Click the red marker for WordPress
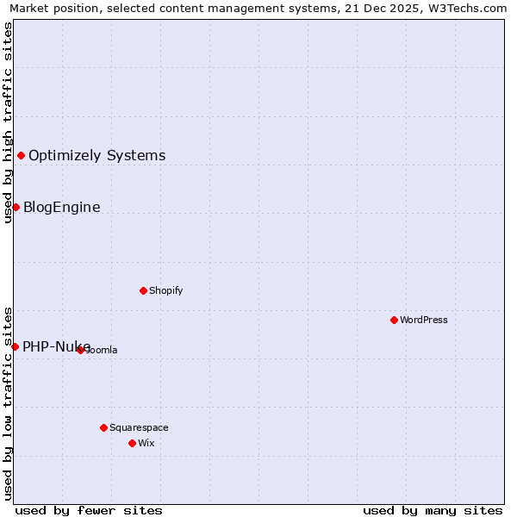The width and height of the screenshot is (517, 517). (x=394, y=320)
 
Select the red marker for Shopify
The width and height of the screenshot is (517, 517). (x=143, y=290)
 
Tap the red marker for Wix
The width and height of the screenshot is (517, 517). (x=132, y=443)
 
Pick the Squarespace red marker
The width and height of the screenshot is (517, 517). (x=103, y=427)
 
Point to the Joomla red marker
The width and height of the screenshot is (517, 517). (x=80, y=350)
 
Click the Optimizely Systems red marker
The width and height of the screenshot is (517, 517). (x=21, y=155)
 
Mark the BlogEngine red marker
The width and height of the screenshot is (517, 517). (x=16, y=207)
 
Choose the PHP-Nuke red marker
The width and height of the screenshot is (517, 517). (x=15, y=346)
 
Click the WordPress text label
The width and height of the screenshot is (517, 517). (x=424, y=320)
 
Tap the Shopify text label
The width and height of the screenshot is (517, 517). (x=166, y=290)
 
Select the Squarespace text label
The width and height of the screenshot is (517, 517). (x=139, y=427)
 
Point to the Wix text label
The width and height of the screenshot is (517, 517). (x=146, y=443)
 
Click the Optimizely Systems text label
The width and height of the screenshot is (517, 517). (x=97, y=156)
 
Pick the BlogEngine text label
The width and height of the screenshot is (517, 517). (x=62, y=208)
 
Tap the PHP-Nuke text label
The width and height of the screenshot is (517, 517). (x=57, y=347)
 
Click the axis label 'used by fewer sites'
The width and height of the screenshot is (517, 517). (x=89, y=510)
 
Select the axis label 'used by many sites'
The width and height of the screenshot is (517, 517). (x=433, y=510)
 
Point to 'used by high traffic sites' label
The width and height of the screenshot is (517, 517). (x=8, y=122)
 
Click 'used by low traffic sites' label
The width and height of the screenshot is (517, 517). (x=8, y=403)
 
